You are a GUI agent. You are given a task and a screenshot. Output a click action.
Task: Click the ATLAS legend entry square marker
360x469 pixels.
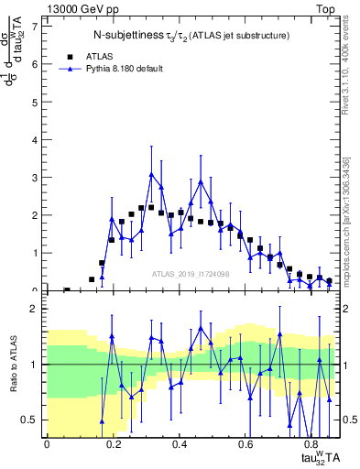67,56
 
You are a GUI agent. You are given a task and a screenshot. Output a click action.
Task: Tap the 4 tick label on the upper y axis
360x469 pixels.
35,140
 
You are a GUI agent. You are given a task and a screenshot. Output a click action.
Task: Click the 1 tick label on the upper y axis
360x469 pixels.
35,253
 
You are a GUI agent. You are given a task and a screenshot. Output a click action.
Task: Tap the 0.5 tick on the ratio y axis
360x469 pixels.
31,420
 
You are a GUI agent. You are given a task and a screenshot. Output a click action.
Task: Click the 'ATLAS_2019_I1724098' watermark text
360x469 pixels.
191,275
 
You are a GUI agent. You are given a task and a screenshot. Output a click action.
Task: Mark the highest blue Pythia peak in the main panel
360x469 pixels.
152,174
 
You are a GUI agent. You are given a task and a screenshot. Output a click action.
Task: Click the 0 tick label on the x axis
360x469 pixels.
47,444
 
